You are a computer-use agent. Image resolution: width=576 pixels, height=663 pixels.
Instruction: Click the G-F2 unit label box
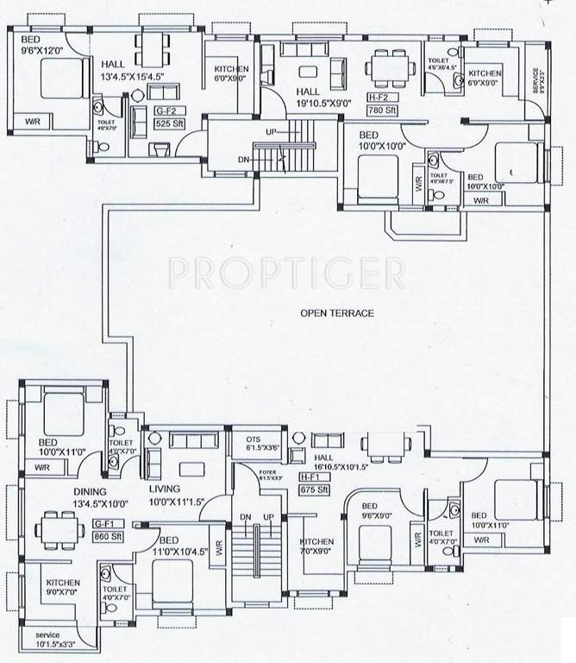[x=164, y=111]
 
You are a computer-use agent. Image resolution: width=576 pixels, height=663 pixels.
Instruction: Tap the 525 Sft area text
[x=164, y=123]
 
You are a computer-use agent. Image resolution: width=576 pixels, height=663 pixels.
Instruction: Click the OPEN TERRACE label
[x=337, y=313]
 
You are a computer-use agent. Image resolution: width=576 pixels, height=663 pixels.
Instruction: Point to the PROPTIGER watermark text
[x=286, y=273]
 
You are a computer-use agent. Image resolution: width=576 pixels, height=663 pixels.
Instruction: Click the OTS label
[x=254, y=439]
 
